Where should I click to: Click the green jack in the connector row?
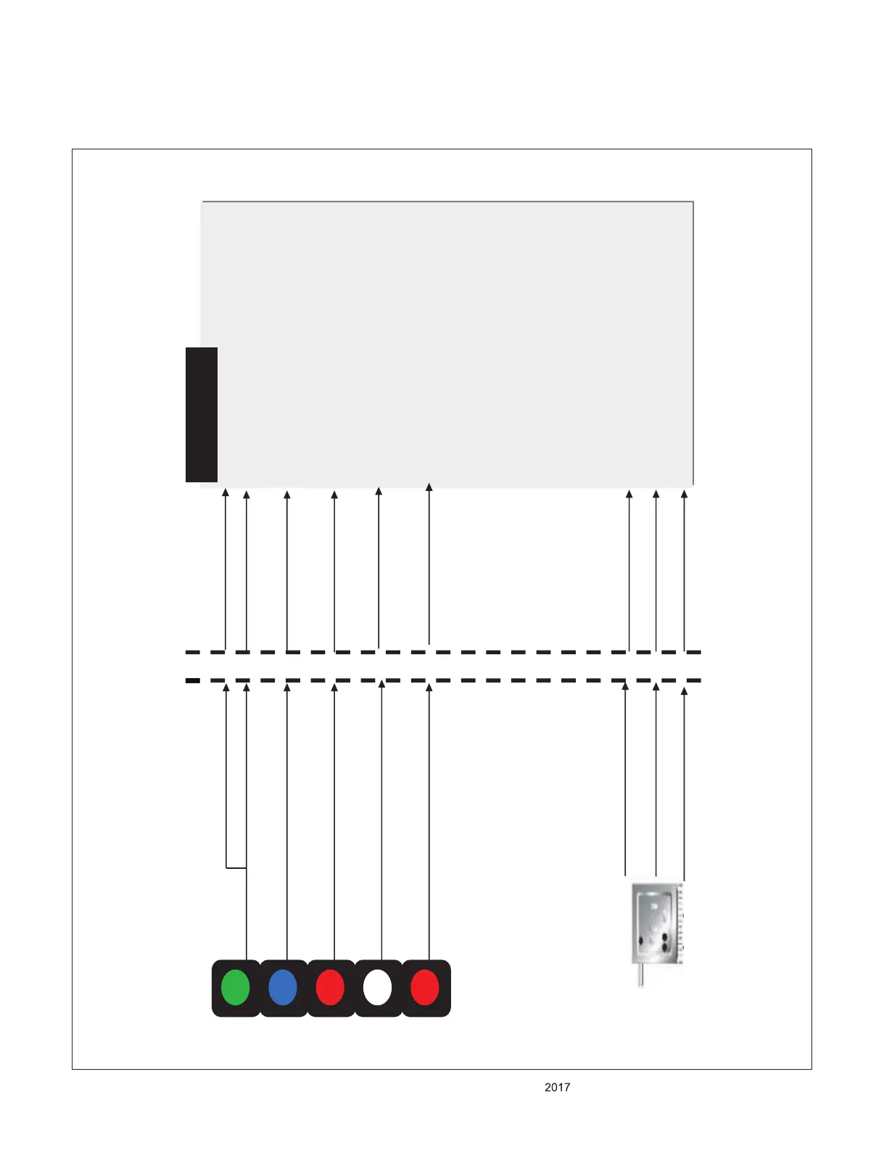coord(235,987)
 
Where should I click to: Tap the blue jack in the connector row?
coord(283,987)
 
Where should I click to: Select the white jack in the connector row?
coord(377,987)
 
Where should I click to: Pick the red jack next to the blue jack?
coord(330,987)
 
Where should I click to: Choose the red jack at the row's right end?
coord(425,987)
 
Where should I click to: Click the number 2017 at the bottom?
coord(557,1087)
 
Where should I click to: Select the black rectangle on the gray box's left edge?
coord(202,414)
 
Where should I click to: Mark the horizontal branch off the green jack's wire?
coord(236,867)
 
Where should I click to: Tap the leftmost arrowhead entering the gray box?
coord(226,493)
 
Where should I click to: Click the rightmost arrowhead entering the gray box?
coord(684,495)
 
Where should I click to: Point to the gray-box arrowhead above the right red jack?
coord(429,487)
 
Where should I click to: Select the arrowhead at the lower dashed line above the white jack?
coord(381,684)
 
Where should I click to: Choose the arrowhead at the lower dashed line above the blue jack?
coord(287,687)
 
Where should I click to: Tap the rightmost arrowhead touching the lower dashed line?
coord(684,691)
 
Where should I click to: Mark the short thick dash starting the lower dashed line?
coord(192,680)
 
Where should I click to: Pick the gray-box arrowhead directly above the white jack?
coord(379,492)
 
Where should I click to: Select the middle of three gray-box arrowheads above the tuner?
coord(656,495)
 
